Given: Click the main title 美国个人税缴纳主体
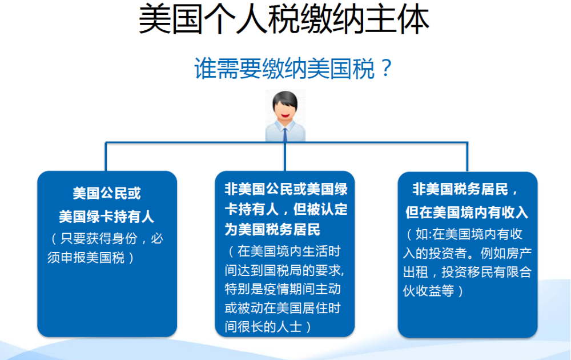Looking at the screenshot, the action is coord(284,19).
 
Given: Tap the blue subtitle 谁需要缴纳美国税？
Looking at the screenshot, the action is coord(293,68).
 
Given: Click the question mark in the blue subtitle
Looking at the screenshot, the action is coord(385,68).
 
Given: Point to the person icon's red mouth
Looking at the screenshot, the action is coord(285,115).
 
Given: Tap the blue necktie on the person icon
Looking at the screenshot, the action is coord(285,134).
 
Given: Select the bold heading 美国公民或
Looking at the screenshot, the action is coord(107,193).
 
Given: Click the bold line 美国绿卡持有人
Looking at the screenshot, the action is coord(106,217).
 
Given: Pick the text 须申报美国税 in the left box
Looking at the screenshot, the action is coord(86,258).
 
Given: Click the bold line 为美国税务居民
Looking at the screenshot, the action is coord(272,230).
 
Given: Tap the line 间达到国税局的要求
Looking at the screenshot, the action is coord(284,270).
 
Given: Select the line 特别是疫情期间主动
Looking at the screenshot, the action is coord(283,289).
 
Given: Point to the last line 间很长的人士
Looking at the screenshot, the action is coord(263,326).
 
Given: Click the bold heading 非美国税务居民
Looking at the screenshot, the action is coord(460,189).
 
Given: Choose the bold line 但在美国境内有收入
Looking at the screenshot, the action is coord(467,212).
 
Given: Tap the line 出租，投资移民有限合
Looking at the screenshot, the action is coord(467,272).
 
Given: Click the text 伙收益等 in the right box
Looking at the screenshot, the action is coord(429,291).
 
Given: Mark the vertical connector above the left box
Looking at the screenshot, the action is coord(106,157).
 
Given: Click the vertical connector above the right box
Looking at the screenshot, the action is coord(467,157).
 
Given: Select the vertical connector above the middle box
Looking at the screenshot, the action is coord(285,157).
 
